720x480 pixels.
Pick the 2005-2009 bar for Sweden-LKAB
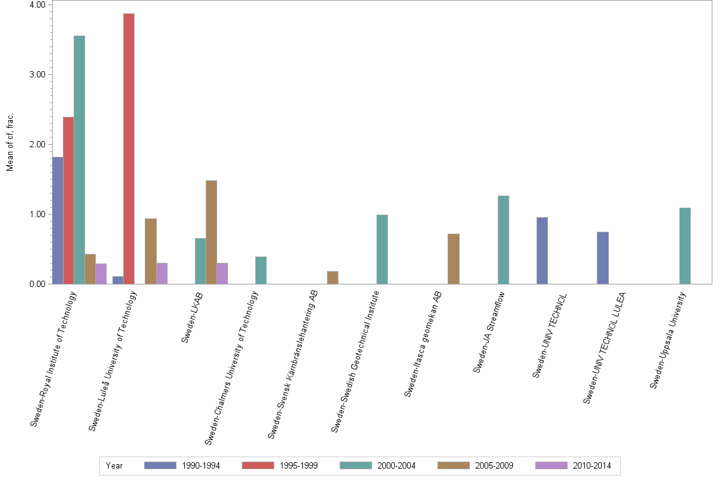pyautogui.click(x=211, y=232)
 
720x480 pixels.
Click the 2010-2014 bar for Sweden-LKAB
pyautogui.click(x=222, y=274)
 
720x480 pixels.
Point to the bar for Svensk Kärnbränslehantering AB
pyautogui.click(x=333, y=277)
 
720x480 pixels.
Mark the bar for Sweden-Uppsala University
pyautogui.click(x=685, y=246)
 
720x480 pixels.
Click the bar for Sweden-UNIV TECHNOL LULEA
pyautogui.click(x=603, y=258)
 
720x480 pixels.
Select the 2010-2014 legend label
pyautogui.click(x=592, y=465)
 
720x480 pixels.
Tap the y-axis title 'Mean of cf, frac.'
pyautogui.click(x=10, y=142)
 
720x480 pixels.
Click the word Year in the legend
pyautogui.click(x=114, y=465)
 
